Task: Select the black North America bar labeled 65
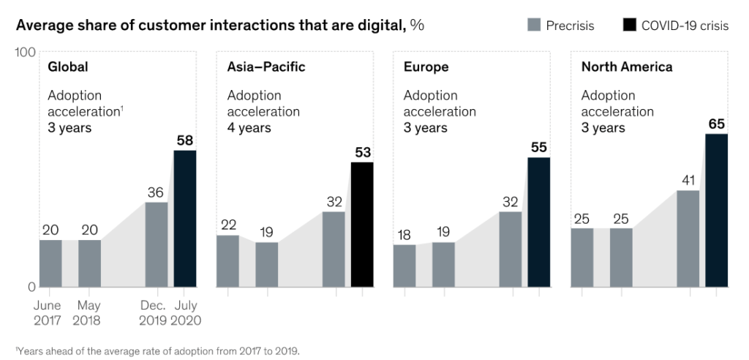[717, 210]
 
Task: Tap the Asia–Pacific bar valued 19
[266, 264]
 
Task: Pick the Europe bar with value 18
[404, 266]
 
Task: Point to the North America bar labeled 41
[688, 239]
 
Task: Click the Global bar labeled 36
[157, 244]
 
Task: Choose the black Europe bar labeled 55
[539, 222]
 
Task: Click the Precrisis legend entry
[561, 26]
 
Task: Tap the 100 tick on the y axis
[26, 53]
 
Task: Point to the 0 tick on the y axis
[31, 287]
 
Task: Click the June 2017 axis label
[49, 312]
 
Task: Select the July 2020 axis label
[186, 312]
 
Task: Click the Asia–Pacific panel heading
[266, 67]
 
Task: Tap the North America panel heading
[627, 67]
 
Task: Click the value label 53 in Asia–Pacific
[362, 153]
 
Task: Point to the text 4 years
[249, 128]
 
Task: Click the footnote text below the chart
[157, 350]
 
